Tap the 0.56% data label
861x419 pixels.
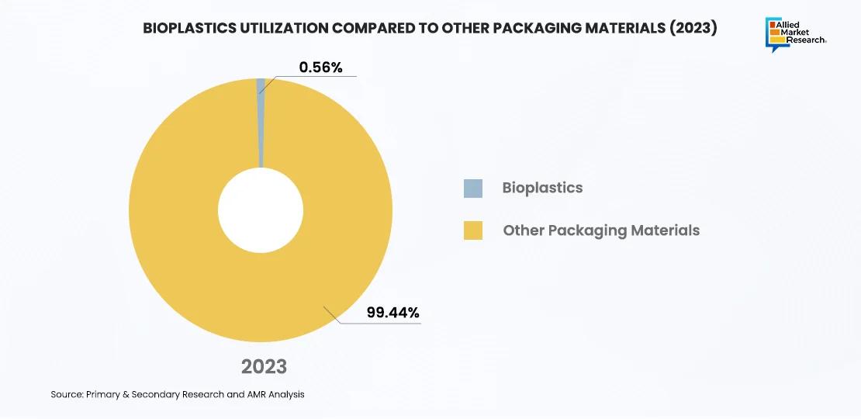tap(321, 68)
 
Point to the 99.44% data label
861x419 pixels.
tap(392, 313)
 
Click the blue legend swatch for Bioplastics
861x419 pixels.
tap(473, 188)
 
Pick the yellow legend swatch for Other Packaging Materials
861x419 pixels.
tap(473, 230)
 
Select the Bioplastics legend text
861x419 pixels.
tap(542, 188)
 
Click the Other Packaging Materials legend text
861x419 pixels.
tap(601, 230)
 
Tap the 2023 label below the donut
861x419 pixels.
tap(264, 366)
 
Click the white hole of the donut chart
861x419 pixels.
tap(261, 210)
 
